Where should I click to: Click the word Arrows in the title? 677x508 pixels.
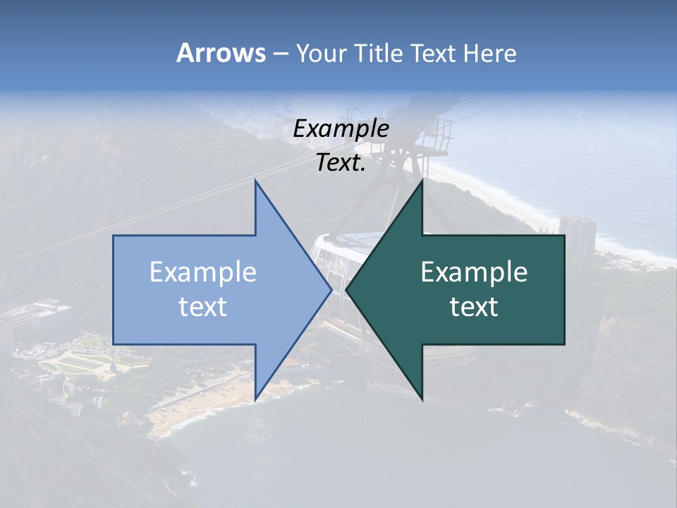tap(221, 53)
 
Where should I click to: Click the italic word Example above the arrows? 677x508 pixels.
tap(341, 129)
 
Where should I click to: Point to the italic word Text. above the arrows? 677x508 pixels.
tap(341, 163)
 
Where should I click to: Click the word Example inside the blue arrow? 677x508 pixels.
tap(203, 272)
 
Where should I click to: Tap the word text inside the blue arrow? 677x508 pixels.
tap(203, 306)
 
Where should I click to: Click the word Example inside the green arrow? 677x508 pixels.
tap(474, 272)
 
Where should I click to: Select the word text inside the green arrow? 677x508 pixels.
tap(474, 306)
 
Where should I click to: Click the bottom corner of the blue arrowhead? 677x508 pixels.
tap(256, 399)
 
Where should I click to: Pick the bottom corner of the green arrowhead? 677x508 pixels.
tap(422, 399)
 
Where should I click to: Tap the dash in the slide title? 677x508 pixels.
tap(280, 54)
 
